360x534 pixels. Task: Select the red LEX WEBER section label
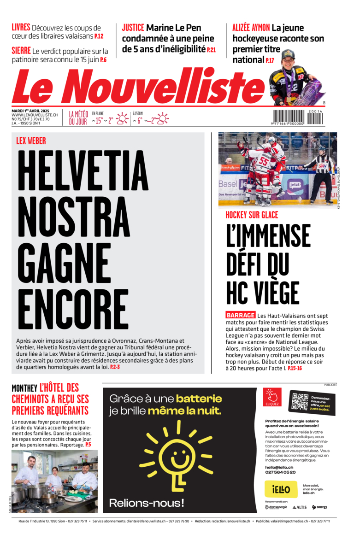click(x=31, y=141)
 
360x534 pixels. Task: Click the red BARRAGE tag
click(x=240, y=315)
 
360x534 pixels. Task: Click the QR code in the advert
click(x=300, y=402)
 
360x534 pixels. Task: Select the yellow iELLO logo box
click(x=281, y=489)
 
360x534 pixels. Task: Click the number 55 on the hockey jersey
click(x=263, y=161)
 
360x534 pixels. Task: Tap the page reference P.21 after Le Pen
click(x=211, y=49)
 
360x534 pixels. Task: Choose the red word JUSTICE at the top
click(x=133, y=28)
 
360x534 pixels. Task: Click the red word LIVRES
click(x=21, y=27)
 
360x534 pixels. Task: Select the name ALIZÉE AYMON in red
click(x=251, y=28)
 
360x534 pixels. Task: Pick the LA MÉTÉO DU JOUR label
click(x=78, y=118)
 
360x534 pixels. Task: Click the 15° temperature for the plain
click(x=99, y=121)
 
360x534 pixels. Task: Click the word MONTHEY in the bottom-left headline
click(x=24, y=389)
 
